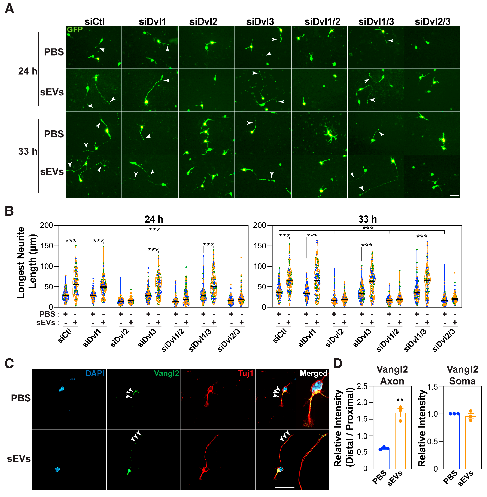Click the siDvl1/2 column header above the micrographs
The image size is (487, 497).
click(x=322, y=22)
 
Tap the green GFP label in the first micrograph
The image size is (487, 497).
click(x=75, y=30)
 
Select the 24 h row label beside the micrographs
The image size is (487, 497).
click(x=28, y=71)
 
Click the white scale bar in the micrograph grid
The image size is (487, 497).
click(x=454, y=196)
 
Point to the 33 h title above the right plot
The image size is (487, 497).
click(x=367, y=219)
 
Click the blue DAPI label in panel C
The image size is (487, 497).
click(x=95, y=373)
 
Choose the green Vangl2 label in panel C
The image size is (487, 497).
click(x=167, y=373)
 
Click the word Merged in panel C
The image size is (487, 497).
click(x=314, y=373)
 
